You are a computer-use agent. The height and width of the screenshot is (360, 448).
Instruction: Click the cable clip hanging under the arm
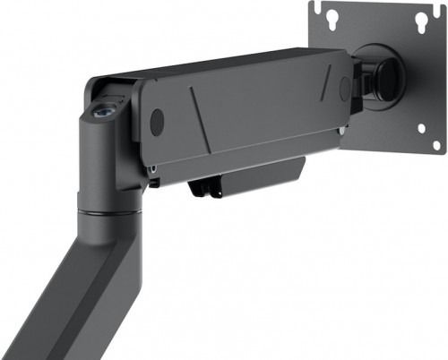coord(204,186)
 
